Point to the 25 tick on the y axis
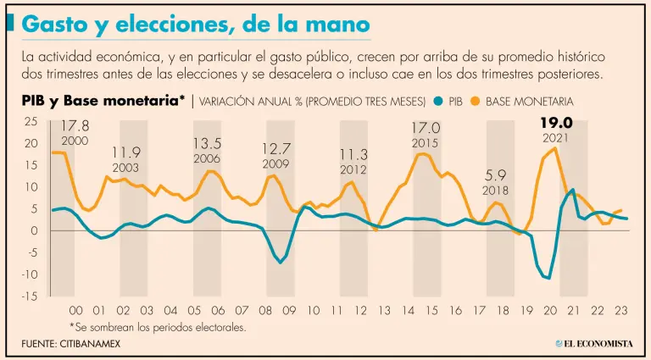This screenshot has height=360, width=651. coord(31,122)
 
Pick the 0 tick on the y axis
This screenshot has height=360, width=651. coord(34,230)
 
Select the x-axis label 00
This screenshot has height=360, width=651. coord(75,310)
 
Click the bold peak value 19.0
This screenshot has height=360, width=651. coord(557,123)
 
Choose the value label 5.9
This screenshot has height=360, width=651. coord(496,176)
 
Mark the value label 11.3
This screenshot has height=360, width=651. coord(353,154)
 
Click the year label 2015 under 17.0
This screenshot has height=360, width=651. coord(426,143)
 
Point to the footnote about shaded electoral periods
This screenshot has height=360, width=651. coord(158,326)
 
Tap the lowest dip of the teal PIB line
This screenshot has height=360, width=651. coord(548,278)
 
